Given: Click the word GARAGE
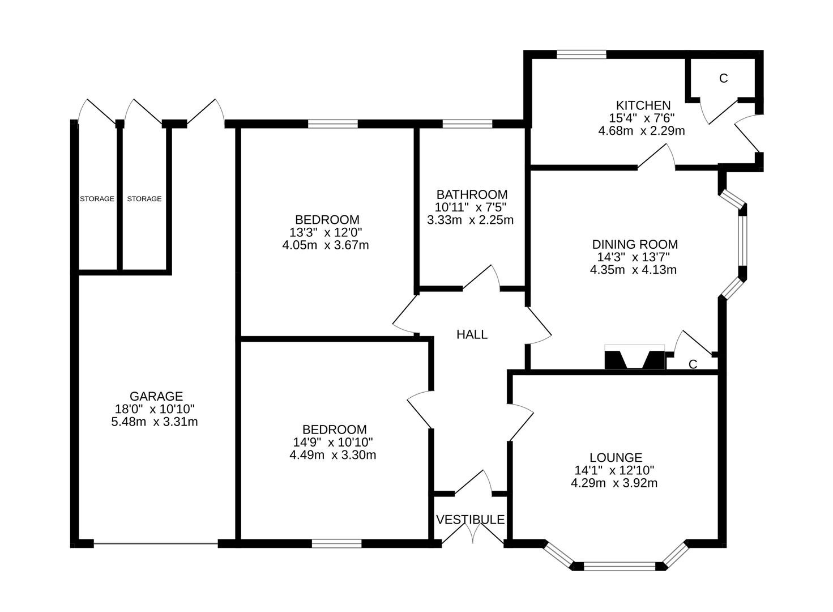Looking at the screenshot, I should coord(156,396).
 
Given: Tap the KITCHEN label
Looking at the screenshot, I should coord(643,105).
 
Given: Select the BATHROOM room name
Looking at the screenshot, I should coord(472,194).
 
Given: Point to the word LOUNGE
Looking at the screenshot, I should coord(616,457).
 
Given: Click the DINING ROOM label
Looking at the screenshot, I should coord(635,244).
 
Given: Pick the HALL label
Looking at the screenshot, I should coord(472,334).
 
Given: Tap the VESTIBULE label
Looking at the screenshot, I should coord(470,520).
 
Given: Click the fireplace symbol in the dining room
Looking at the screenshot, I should coord(635,358).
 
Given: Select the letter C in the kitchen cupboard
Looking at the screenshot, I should coord(723,79).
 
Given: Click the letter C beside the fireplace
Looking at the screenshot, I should coord(693,364).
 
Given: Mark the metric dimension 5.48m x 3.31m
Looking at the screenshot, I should coord(155,422).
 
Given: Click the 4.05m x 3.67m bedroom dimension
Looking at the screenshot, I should coord(326,245).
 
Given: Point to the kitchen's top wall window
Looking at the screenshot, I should coord(581,55).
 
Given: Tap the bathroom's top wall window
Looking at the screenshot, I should coord(467,124).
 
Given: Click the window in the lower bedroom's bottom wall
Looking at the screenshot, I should coord(336,543).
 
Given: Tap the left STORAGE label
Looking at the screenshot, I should coord(97,199).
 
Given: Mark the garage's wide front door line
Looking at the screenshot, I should coord(156,544).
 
